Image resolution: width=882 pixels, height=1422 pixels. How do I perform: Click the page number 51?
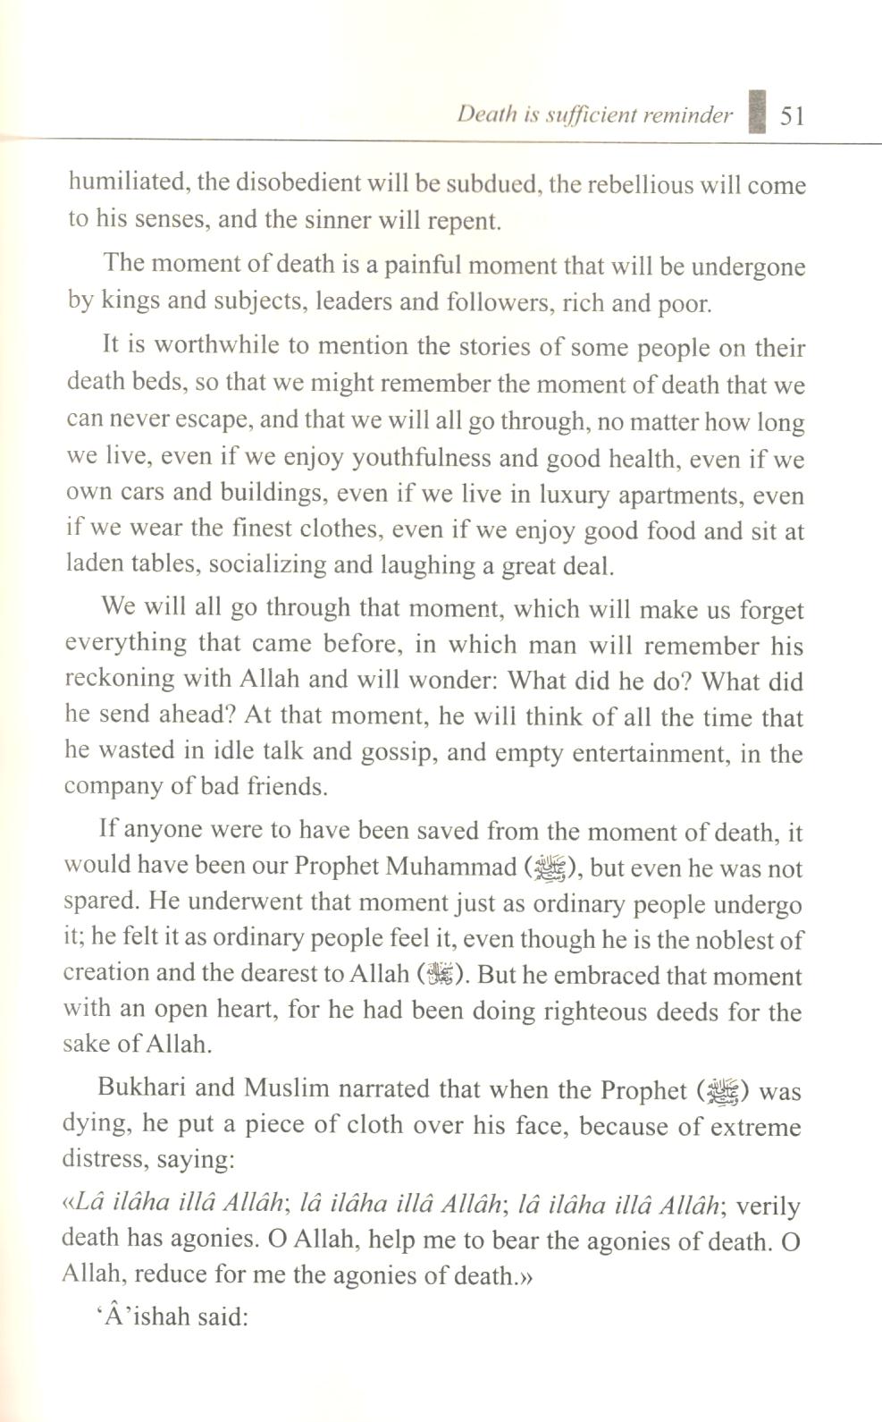click(794, 115)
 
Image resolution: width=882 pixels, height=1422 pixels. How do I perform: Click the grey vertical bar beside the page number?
click(758, 111)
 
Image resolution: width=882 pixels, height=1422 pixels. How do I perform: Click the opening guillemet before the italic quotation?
click(68, 1204)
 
